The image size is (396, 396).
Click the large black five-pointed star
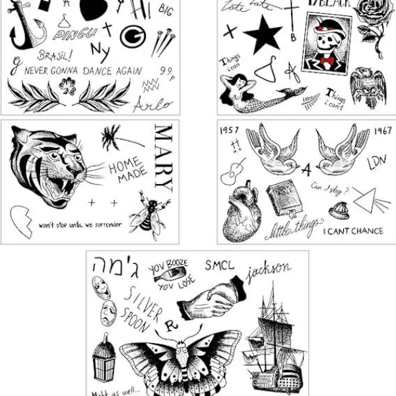coord(263,32)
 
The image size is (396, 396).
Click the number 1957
coord(230,130)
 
